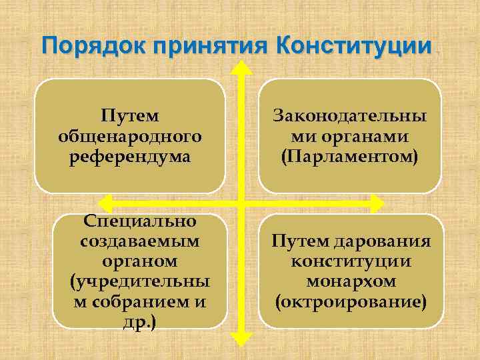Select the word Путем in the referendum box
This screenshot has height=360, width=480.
pyautogui.click(x=130, y=116)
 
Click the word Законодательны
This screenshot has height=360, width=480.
pyautogui.click(x=349, y=116)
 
